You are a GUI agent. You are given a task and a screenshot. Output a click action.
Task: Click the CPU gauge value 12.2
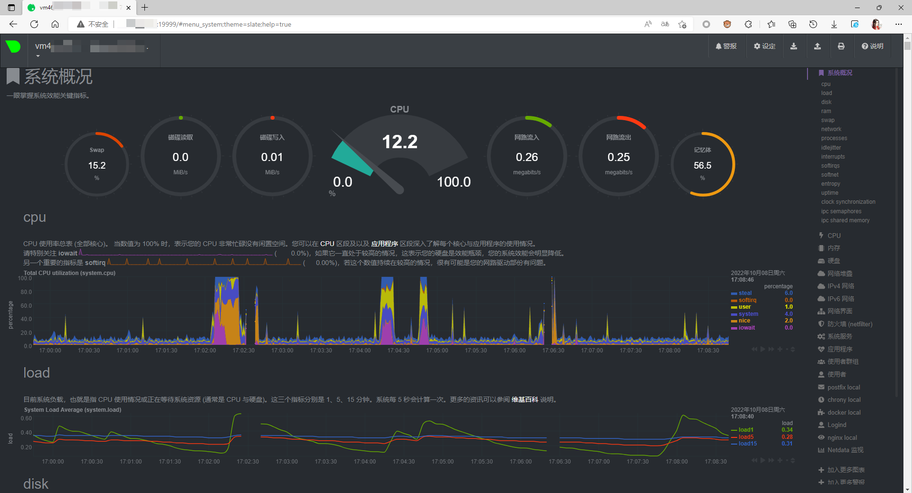(399, 142)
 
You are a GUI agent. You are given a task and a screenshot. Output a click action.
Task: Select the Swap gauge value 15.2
(97, 165)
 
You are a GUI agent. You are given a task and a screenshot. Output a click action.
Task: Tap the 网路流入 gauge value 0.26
(527, 157)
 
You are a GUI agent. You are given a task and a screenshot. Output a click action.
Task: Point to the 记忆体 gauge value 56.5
(703, 165)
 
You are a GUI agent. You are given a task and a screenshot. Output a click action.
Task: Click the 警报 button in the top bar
(726, 46)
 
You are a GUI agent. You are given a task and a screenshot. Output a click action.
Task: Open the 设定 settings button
(765, 46)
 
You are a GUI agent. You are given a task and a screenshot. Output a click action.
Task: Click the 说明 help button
(873, 46)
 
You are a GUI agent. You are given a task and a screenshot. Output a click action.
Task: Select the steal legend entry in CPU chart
(745, 293)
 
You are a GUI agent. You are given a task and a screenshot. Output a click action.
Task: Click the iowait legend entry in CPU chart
(746, 328)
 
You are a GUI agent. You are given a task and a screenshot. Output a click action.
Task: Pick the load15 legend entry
(747, 444)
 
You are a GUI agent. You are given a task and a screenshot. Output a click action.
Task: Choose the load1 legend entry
(746, 430)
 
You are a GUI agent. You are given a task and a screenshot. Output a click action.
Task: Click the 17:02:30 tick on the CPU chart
(244, 351)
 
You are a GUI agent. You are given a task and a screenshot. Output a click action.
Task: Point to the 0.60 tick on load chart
(26, 418)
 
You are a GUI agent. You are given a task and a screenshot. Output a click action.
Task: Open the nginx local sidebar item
(842, 438)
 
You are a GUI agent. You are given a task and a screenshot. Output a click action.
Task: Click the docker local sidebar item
(844, 413)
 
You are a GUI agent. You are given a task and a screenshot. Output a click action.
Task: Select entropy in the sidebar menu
(830, 184)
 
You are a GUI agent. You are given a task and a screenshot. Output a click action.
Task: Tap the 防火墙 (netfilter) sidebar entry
(850, 324)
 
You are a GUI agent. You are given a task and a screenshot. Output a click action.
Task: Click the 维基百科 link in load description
(524, 399)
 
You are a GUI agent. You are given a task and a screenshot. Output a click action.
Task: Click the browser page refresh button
(34, 24)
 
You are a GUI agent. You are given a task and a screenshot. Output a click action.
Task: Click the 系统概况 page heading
(58, 76)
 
